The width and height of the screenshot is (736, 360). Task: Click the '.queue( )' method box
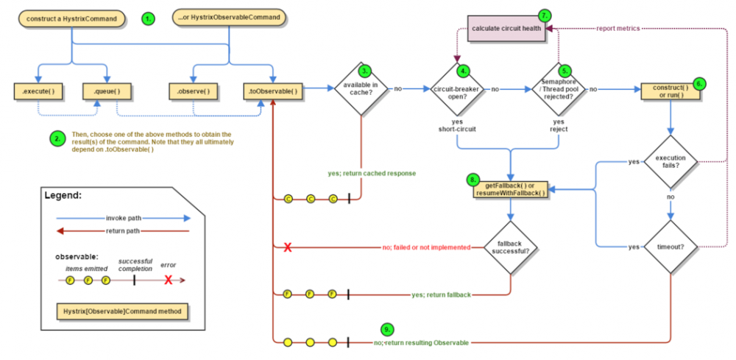pos(107,91)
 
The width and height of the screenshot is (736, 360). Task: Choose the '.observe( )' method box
pos(193,91)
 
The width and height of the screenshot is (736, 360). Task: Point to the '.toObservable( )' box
pos(273,91)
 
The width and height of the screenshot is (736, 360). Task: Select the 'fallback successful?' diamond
pos(509,247)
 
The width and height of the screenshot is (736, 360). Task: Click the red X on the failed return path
pos(288,247)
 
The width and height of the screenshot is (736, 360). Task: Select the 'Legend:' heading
pos(63,196)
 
